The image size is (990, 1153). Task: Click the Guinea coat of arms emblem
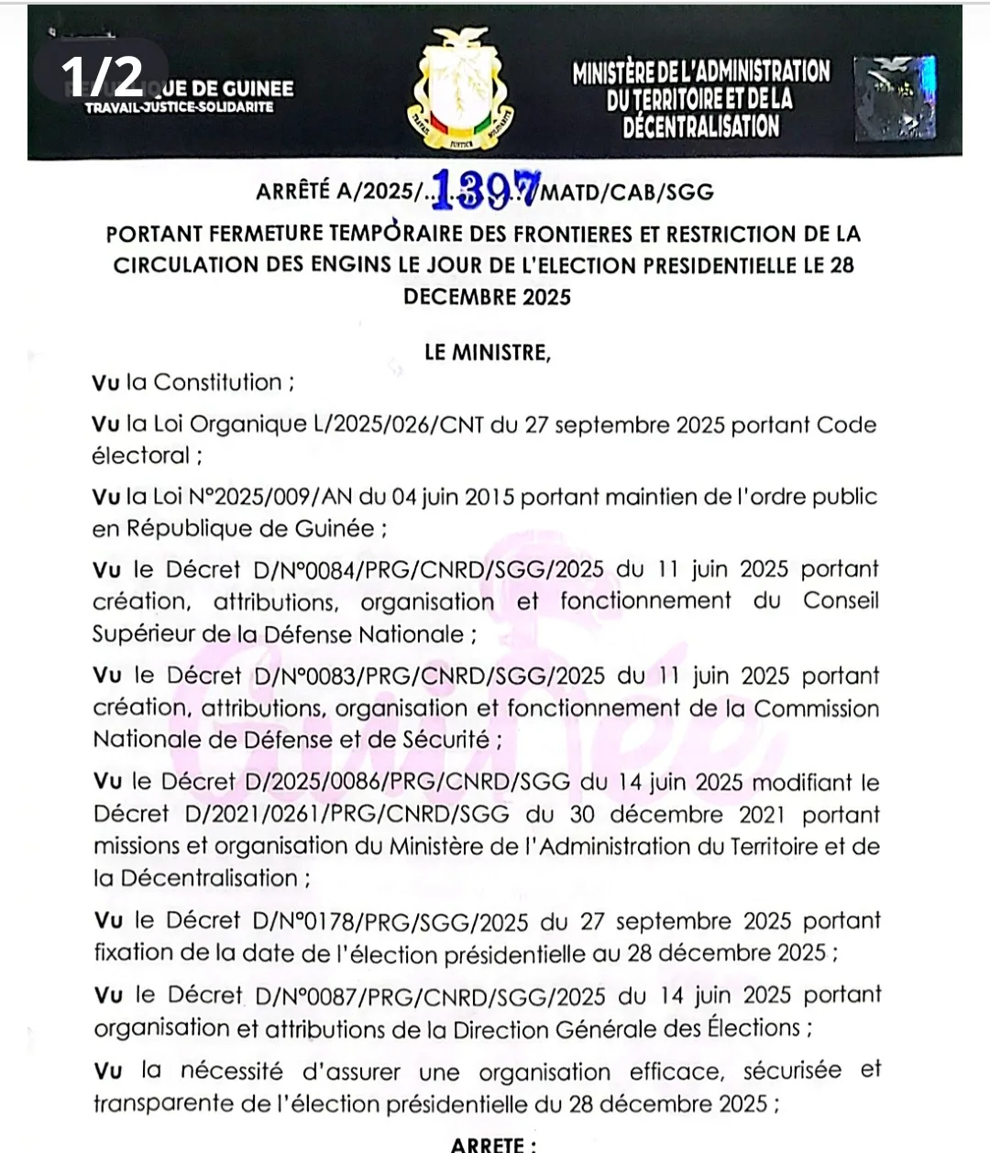pos(461,90)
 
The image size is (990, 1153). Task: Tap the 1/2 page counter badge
pos(103,75)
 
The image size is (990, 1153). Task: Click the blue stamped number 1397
pos(486,189)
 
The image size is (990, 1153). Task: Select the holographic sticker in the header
pos(895,97)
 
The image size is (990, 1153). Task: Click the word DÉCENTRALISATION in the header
pos(701,126)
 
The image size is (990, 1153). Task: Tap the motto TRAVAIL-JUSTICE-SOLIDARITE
pos(180,107)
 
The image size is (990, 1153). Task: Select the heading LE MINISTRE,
pos(488,353)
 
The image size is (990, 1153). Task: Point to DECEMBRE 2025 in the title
pos(487,297)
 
